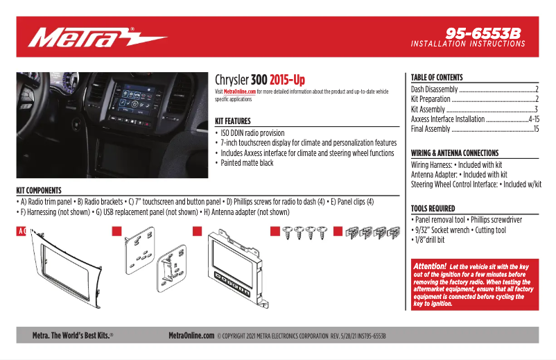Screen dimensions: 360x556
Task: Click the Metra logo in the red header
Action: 97,36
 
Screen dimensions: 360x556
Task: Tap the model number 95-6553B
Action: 483,33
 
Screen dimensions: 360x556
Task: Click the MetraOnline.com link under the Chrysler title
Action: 240,92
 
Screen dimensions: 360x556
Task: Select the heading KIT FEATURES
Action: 233,121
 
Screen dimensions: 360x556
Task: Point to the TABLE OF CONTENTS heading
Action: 437,78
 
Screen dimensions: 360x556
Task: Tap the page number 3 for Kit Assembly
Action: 536,110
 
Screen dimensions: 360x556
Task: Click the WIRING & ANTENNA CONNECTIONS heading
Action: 454,153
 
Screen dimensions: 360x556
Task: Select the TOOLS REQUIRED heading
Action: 433,208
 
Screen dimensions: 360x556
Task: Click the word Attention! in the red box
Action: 430,266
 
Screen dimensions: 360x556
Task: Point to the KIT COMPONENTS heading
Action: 39,190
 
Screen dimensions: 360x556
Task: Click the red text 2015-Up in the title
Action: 287,80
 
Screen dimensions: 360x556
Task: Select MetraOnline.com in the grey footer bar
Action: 191,336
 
